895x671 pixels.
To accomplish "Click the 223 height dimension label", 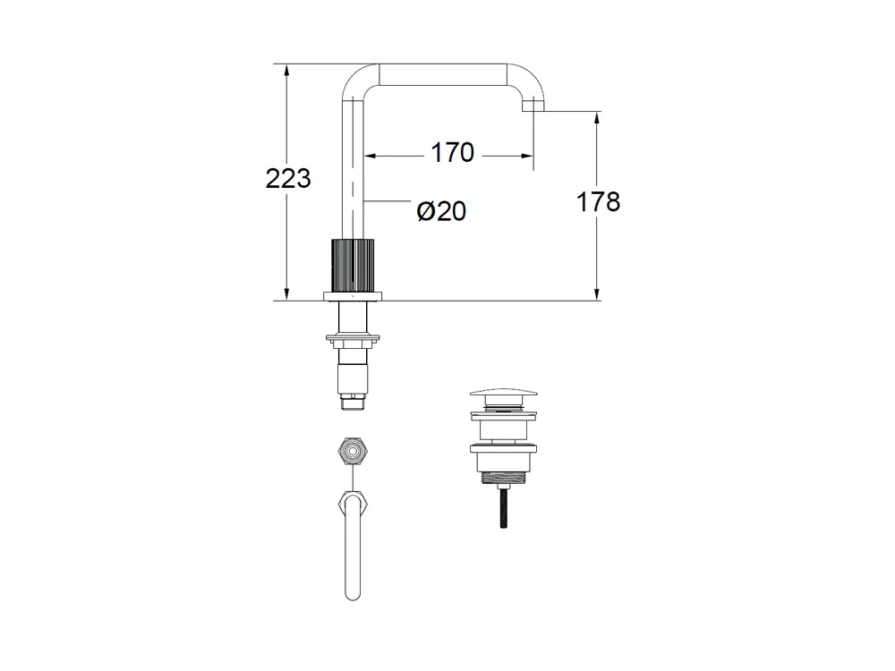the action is click(288, 179).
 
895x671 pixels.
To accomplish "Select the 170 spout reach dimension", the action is click(452, 153).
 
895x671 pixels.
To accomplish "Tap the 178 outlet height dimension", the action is click(598, 202).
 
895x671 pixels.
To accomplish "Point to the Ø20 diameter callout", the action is click(441, 212).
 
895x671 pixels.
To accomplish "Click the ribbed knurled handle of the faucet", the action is click(353, 266).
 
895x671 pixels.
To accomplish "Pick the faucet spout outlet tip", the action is click(533, 106).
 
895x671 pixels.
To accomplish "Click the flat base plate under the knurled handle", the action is click(353, 296).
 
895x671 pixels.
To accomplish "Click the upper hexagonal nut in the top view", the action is click(353, 451).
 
